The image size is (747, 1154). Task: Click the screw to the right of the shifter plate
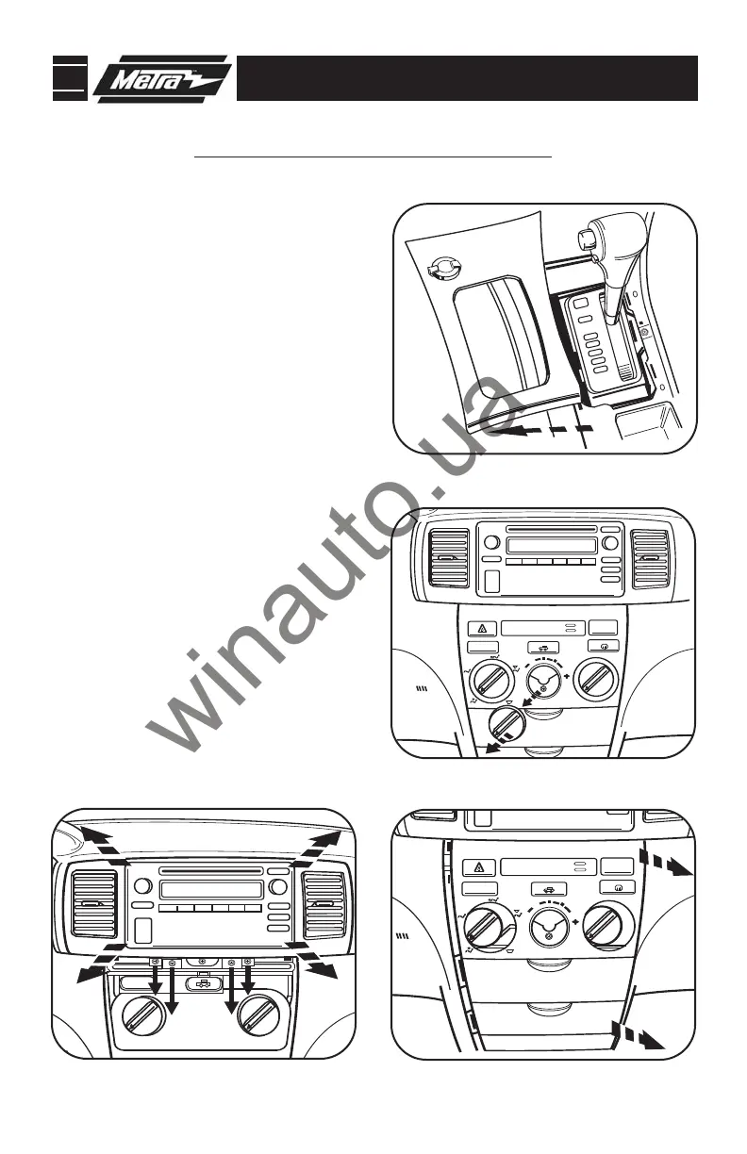[x=644, y=331]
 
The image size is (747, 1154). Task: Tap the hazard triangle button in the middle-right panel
[x=481, y=628]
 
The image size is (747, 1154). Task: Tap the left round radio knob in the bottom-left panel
[x=143, y=885]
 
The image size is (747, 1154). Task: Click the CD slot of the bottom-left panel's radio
[x=211, y=871]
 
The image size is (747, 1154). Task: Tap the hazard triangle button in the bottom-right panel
[x=481, y=866]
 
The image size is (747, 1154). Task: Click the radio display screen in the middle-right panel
[x=551, y=546]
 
